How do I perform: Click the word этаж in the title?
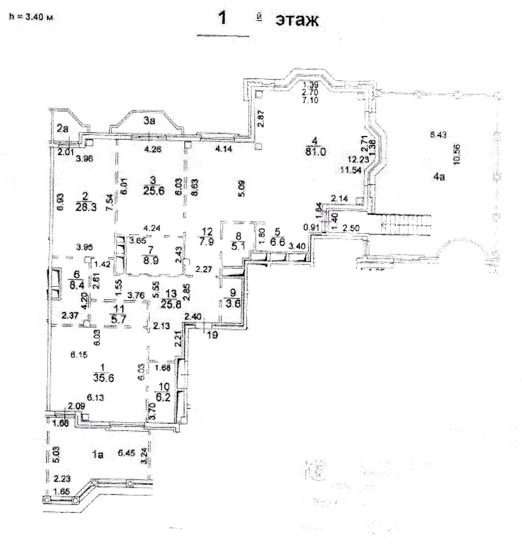click(x=297, y=21)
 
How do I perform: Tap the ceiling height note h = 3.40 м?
click(x=31, y=17)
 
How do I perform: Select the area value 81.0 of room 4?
click(x=315, y=152)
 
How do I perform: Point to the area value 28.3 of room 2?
click(x=86, y=207)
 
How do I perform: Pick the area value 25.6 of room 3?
click(x=154, y=190)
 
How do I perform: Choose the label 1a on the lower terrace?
click(x=98, y=455)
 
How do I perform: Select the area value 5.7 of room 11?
click(x=119, y=320)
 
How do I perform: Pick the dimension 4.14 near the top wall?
click(x=224, y=149)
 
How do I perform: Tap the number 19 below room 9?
click(x=213, y=335)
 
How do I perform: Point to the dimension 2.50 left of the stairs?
click(x=351, y=228)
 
